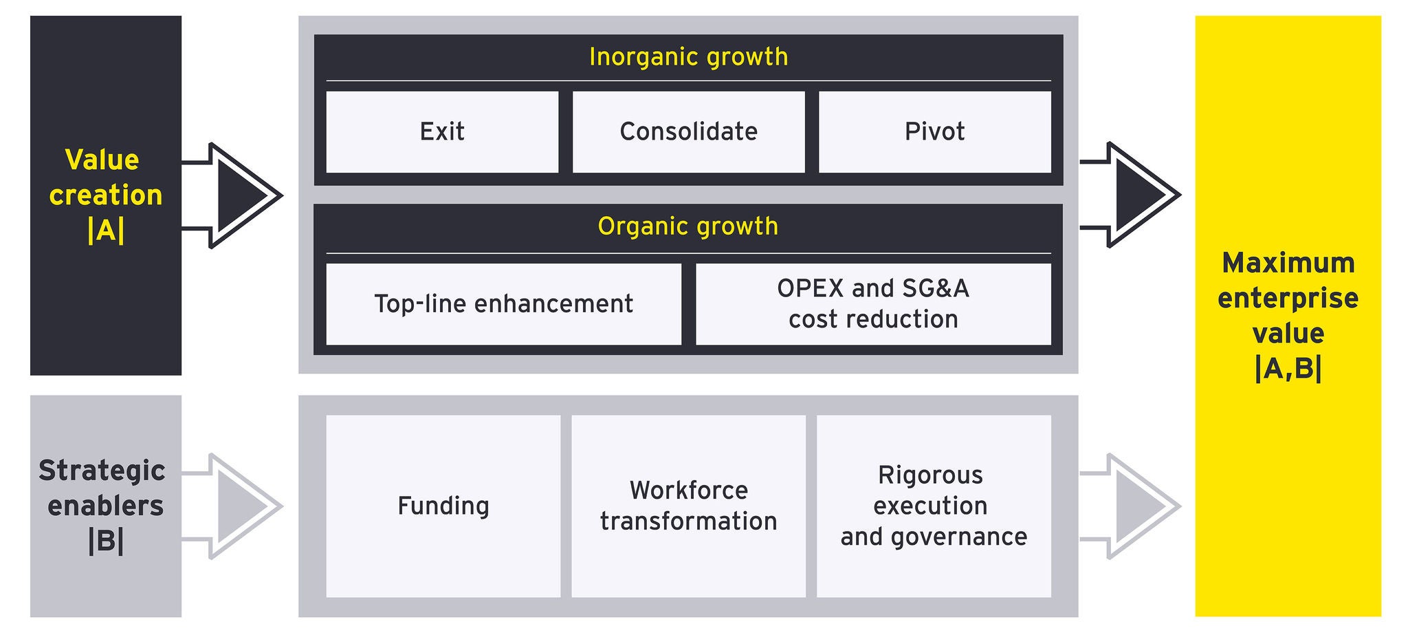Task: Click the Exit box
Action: click(x=442, y=132)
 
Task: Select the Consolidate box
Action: click(x=688, y=132)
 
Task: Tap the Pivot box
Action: click(x=935, y=132)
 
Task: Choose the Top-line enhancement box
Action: click(x=503, y=304)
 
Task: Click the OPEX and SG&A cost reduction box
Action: click(x=873, y=304)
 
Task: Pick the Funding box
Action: click(x=443, y=506)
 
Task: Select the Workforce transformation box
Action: click(x=688, y=506)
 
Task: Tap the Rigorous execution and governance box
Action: click(x=934, y=506)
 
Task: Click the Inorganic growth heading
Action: click(x=688, y=57)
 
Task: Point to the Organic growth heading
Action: click(x=688, y=226)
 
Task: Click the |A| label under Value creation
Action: click(x=106, y=230)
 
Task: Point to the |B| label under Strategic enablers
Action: click(x=106, y=541)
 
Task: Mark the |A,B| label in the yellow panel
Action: click(x=1288, y=369)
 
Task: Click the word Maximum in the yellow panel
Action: click(x=1288, y=263)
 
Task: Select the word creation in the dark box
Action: click(x=106, y=195)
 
